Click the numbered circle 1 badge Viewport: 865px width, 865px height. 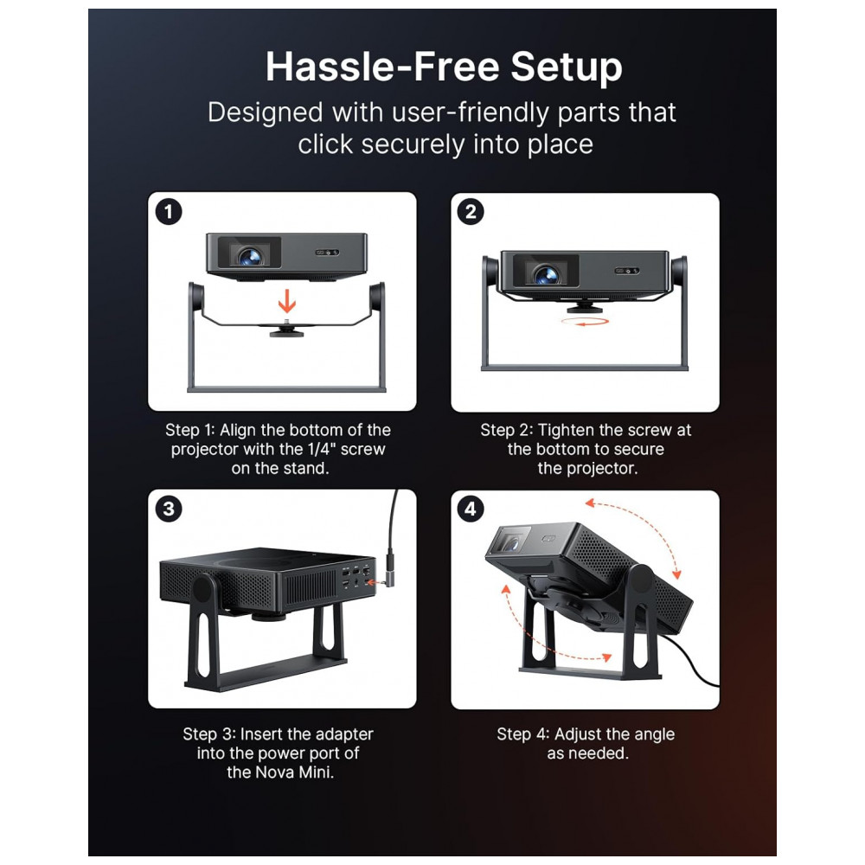[x=169, y=212]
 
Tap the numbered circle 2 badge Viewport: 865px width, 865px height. [x=471, y=212]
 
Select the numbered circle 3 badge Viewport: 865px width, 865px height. [x=169, y=509]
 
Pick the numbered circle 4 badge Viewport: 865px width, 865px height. [x=471, y=509]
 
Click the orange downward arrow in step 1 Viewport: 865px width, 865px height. [x=287, y=301]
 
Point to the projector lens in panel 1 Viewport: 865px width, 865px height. [x=250, y=256]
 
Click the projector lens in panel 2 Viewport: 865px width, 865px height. [x=547, y=273]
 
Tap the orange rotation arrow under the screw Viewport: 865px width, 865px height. [x=585, y=321]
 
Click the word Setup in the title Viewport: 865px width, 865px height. [x=567, y=67]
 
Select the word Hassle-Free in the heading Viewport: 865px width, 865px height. [x=383, y=67]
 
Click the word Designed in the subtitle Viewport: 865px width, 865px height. [x=265, y=112]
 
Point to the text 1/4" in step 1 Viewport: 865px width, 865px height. [x=322, y=448]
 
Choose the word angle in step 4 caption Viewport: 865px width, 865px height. [x=654, y=734]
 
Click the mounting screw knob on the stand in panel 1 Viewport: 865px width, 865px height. [x=286, y=330]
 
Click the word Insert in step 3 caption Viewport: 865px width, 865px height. [x=261, y=734]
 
